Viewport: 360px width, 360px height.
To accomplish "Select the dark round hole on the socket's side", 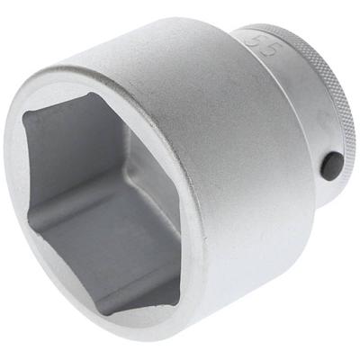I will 332,165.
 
